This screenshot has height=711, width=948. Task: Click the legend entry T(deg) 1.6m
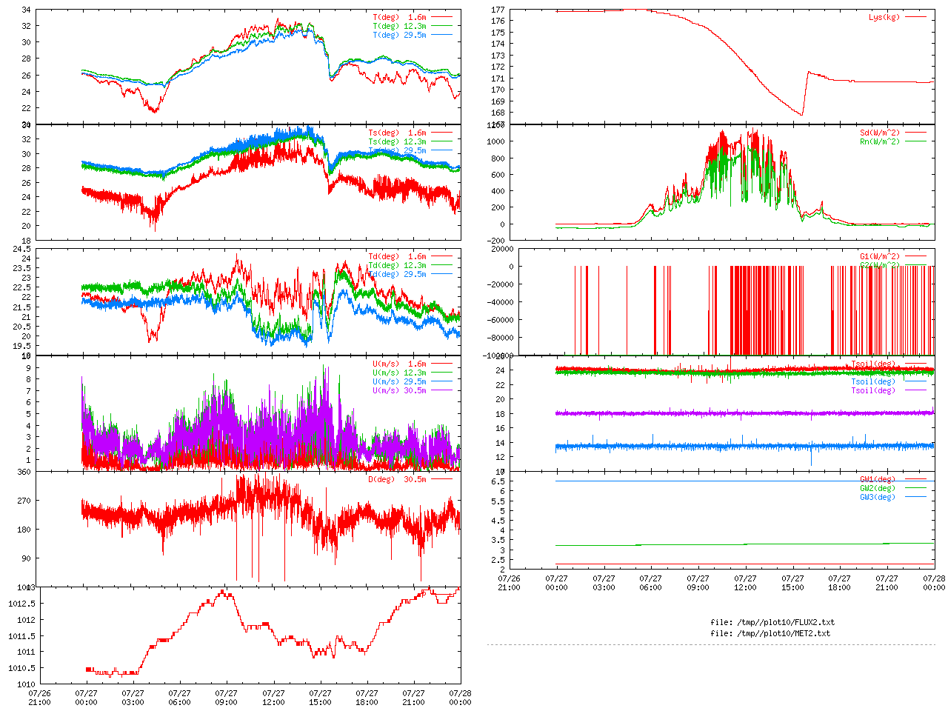click(x=399, y=17)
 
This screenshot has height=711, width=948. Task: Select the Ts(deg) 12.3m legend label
click(x=397, y=141)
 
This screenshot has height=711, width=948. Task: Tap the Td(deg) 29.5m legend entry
click(x=397, y=274)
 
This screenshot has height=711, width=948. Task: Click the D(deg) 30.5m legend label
click(x=397, y=479)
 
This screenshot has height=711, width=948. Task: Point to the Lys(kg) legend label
click(x=884, y=17)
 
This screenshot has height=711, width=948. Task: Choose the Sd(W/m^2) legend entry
click(x=879, y=133)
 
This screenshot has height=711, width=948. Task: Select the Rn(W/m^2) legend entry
click(x=879, y=141)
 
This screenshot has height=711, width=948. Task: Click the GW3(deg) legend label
click(x=877, y=497)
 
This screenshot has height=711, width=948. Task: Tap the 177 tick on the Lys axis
click(x=498, y=10)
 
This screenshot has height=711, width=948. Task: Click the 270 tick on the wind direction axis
click(x=24, y=501)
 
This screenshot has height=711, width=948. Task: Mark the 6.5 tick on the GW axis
click(x=498, y=481)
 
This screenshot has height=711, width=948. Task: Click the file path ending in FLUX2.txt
click(x=772, y=622)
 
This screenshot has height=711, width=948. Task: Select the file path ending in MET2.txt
click(x=770, y=633)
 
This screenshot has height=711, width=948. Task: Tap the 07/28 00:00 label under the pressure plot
click(x=460, y=698)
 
